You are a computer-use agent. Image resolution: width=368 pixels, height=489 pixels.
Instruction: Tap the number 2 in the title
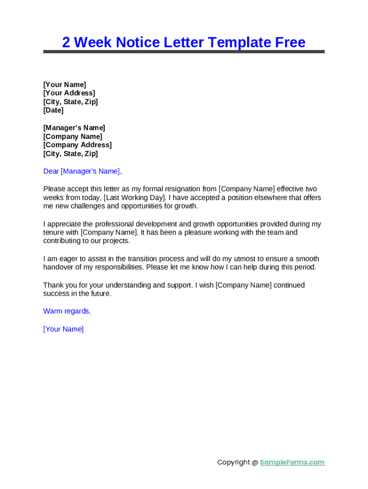(x=66, y=43)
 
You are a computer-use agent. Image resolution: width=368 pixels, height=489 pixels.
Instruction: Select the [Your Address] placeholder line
(x=69, y=93)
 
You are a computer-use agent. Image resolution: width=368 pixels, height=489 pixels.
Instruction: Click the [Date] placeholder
(x=54, y=110)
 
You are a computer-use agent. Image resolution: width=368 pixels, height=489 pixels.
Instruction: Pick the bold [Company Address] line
(x=77, y=145)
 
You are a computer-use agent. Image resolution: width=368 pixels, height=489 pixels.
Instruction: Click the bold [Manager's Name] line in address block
(x=74, y=128)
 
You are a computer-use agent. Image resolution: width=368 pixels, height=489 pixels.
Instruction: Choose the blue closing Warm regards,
(x=67, y=311)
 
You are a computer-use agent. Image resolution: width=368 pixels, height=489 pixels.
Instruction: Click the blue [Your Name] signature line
(x=64, y=329)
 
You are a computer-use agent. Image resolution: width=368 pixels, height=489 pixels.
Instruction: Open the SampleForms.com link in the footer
(x=292, y=462)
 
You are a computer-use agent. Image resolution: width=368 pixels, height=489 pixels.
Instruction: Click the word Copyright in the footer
(x=234, y=462)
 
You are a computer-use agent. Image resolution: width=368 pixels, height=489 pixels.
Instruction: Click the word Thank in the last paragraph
(x=53, y=285)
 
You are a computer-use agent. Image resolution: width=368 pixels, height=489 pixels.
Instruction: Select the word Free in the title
(x=290, y=43)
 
